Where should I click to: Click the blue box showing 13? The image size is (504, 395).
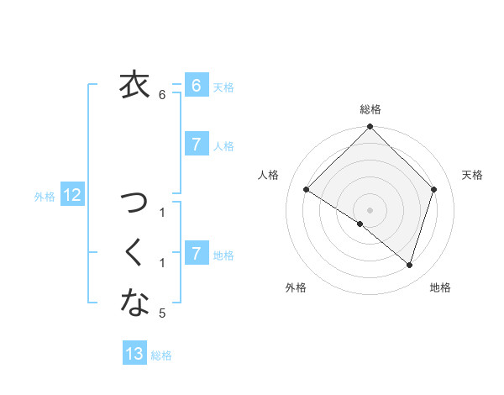tap(134, 354)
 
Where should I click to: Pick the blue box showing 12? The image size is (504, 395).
tap(72, 196)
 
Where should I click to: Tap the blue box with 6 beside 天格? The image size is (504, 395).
tap(196, 86)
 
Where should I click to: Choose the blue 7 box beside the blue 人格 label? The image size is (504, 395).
tap(196, 145)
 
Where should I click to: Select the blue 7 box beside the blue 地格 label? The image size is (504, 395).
tap(196, 252)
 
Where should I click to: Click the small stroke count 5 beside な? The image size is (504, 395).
tap(162, 313)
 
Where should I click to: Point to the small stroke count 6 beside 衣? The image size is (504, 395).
tap(162, 94)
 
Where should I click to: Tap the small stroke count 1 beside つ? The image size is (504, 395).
tap(162, 213)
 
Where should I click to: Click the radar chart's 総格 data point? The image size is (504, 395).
tap(370, 127)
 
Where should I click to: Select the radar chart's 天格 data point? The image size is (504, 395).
tap(434, 189)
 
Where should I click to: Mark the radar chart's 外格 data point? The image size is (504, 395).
tap(360, 224)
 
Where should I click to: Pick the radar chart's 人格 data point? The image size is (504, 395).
tap(306, 189)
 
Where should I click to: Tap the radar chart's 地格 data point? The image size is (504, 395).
tap(409, 265)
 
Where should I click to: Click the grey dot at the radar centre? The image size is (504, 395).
tap(370, 209)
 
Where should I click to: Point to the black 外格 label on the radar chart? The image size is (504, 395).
tap(296, 288)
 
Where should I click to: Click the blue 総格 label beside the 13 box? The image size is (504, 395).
tap(161, 355)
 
